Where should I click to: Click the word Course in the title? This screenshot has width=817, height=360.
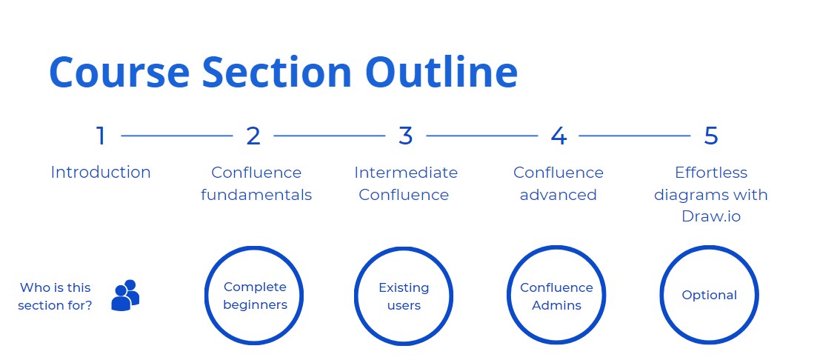pyautogui.click(x=119, y=72)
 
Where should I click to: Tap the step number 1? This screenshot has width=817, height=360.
pyautogui.click(x=101, y=136)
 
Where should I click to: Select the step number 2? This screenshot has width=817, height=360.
pyautogui.click(x=253, y=136)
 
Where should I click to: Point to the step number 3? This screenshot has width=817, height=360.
pyautogui.click(x=405, y=136)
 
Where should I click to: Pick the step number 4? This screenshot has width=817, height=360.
pyautogui.click(x=558, y=136)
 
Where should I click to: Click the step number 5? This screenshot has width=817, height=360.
pyautogui.click(x=710, y=136)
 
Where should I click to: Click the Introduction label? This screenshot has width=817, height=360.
pyautogui.click(x=101, y=173)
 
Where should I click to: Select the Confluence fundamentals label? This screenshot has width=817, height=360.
pyautogui.click(x=256, y=184)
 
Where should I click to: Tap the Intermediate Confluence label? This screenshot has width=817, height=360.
pyautogui.click(x=405, y=184)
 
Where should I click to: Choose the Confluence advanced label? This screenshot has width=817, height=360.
pyautogui.click(x=558, y=184)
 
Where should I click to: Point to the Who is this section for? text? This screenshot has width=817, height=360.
pyautogui.click(x=56, y=296)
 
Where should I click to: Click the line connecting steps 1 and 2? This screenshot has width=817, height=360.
pyautogui.click(x=176, y=136)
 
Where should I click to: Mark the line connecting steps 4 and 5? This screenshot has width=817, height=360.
pyautogui.click(x=635, y=136)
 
